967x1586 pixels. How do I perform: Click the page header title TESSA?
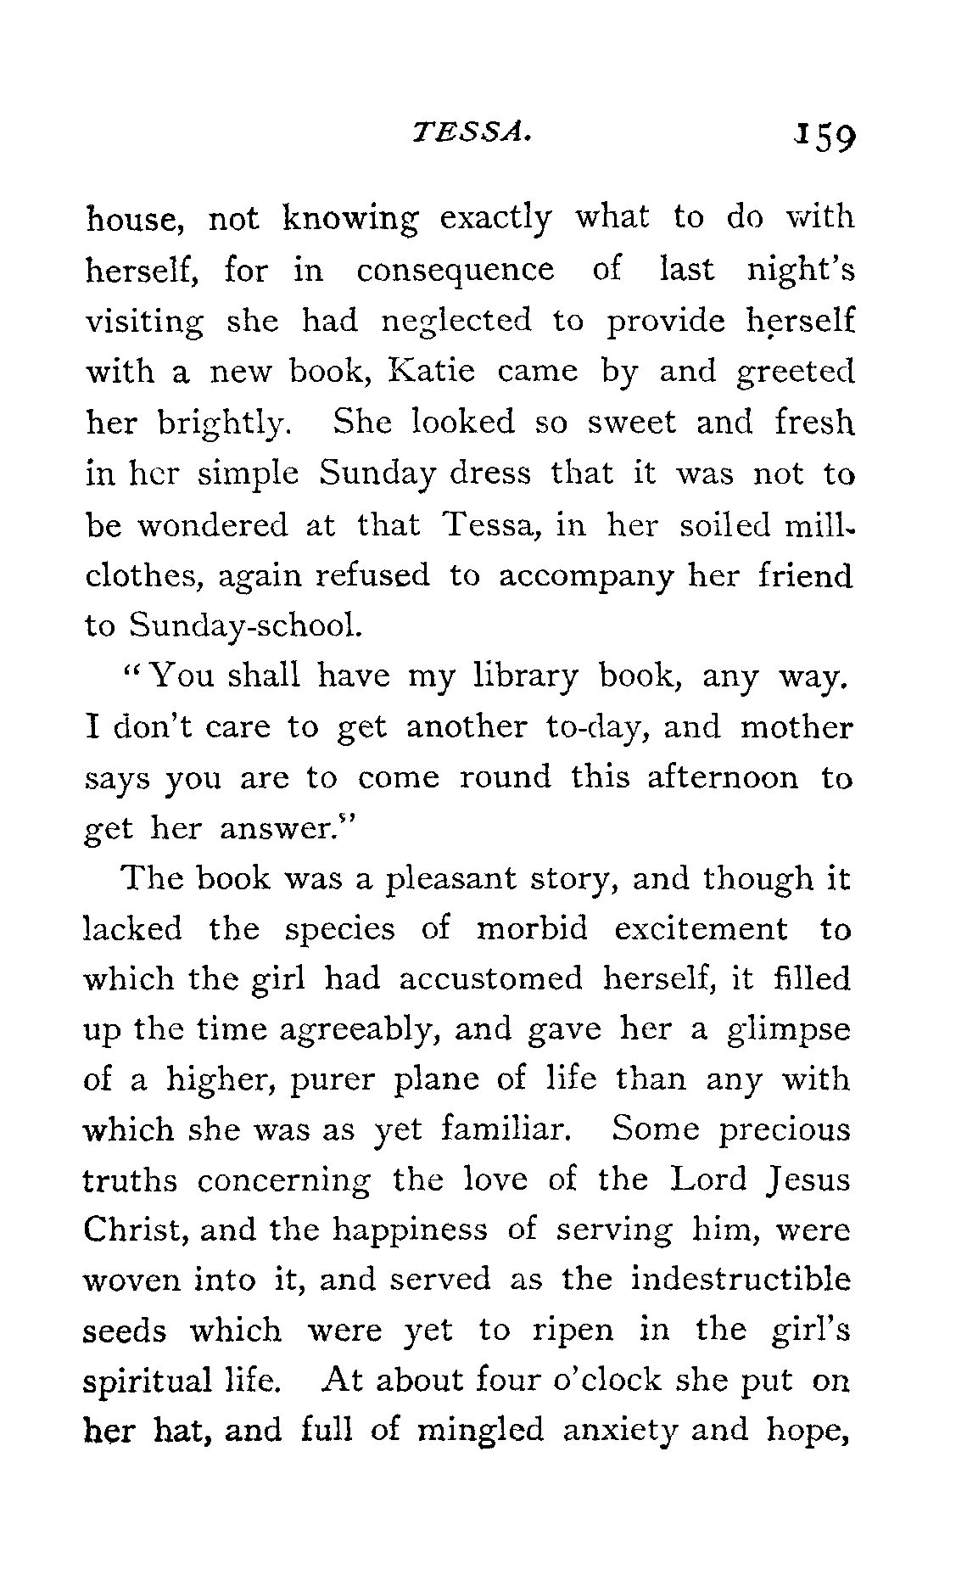coord(472,132)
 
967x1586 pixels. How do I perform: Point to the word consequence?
coord(455,271)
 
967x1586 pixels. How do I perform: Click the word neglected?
coord(456,322)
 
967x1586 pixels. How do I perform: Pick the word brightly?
coord(226,423)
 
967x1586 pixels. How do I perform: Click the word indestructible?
coord(740,1279)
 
